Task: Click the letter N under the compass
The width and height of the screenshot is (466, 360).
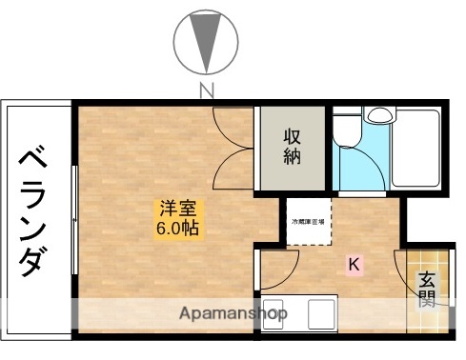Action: click(x=205, y=91)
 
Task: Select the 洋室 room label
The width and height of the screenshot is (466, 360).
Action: click(x=177, y=207)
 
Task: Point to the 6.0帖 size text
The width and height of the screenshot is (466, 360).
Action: click(x=178, y=230)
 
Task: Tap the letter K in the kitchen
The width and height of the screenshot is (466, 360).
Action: click(x=353, y=265)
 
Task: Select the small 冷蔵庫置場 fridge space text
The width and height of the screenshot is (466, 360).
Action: click(x=307, y=222)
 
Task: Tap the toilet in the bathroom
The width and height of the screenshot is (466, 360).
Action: click(x=347, y=131)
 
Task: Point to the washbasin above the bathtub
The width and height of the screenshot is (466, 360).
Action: click(x=380, y=115)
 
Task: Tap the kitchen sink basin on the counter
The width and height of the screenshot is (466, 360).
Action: click(x=320, y=313)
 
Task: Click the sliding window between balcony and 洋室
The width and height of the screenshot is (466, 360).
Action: click(x=74, y=219)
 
